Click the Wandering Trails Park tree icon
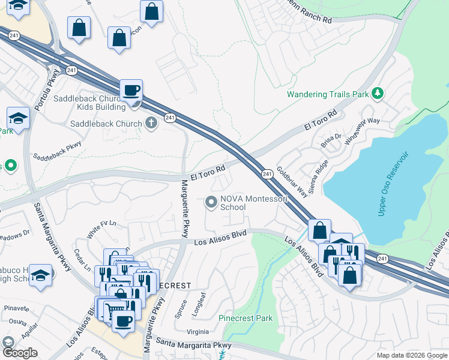(x=378, y=94)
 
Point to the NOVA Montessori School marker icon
(x=211, y=202)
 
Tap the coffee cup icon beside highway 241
(x=131, y=91)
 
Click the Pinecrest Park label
(x=246, y=318)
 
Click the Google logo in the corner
(x=20, y=352)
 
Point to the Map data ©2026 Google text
(x=412, y=355)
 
